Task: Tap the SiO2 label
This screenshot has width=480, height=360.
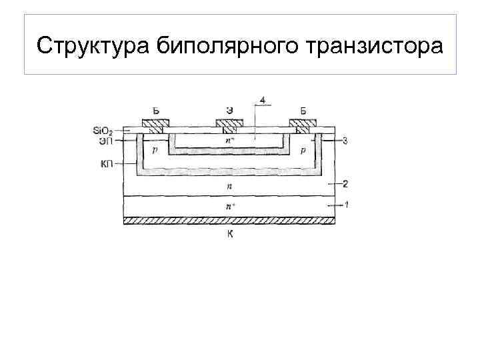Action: [x=103, y=130]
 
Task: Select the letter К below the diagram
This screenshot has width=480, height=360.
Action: [x=229, y=233]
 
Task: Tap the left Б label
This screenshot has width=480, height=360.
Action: [x=155, y=111]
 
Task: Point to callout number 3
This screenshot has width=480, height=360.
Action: [x=345, y=141]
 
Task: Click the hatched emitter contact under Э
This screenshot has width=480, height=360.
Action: [x=228, y=123]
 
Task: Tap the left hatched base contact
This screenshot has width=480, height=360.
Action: [x=155, y=123]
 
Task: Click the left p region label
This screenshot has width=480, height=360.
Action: [x=155, y=151]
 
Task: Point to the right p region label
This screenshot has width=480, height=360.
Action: [x=303, y=151]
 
